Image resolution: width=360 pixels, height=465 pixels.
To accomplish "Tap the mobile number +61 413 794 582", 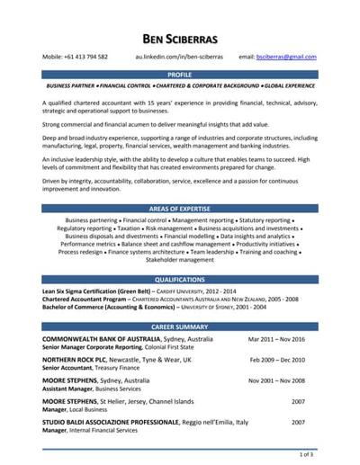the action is pyautogui.click(x=76, y=57).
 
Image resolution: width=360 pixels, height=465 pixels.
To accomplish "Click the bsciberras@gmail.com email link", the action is pyautogui.click(x=286, y=57).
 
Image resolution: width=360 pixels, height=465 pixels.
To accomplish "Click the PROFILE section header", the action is pyautogui.click(x=180, y=75).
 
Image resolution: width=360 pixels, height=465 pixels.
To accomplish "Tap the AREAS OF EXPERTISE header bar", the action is pyautogui.click(x=180, y=208).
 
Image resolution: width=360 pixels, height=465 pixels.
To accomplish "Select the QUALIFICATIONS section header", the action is pyautogui.click(x=180, y=280).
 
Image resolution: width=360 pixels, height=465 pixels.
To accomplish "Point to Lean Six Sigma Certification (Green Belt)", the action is pyautogui.click(x=97, y=292).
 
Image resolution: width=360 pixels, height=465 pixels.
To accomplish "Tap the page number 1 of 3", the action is pyautogui.click(x=307, y=455).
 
